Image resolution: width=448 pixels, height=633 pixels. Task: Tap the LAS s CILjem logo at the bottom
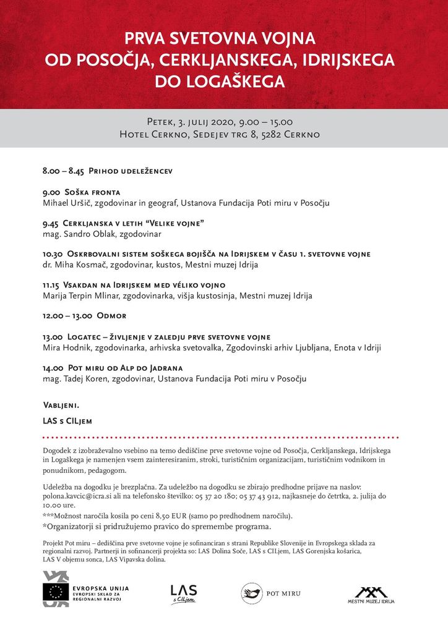point(183,593)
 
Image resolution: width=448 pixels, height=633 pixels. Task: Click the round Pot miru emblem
point(251,593)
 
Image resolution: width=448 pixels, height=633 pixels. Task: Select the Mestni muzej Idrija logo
point(371,595)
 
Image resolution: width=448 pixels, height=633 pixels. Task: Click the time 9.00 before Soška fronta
point(51,192)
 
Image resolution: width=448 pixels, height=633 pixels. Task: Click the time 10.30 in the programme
point(53,254)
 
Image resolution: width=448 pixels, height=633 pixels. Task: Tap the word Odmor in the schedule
point(111,316)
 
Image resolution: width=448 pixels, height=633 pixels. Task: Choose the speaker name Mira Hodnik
point(67,347)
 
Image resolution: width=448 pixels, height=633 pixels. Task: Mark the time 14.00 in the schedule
point(53,368)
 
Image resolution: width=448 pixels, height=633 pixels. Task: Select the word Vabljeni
point(61,406)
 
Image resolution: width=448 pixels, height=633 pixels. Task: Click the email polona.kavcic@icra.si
point(82,496)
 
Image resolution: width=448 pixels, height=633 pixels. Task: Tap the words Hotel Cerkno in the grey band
point(153,134)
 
